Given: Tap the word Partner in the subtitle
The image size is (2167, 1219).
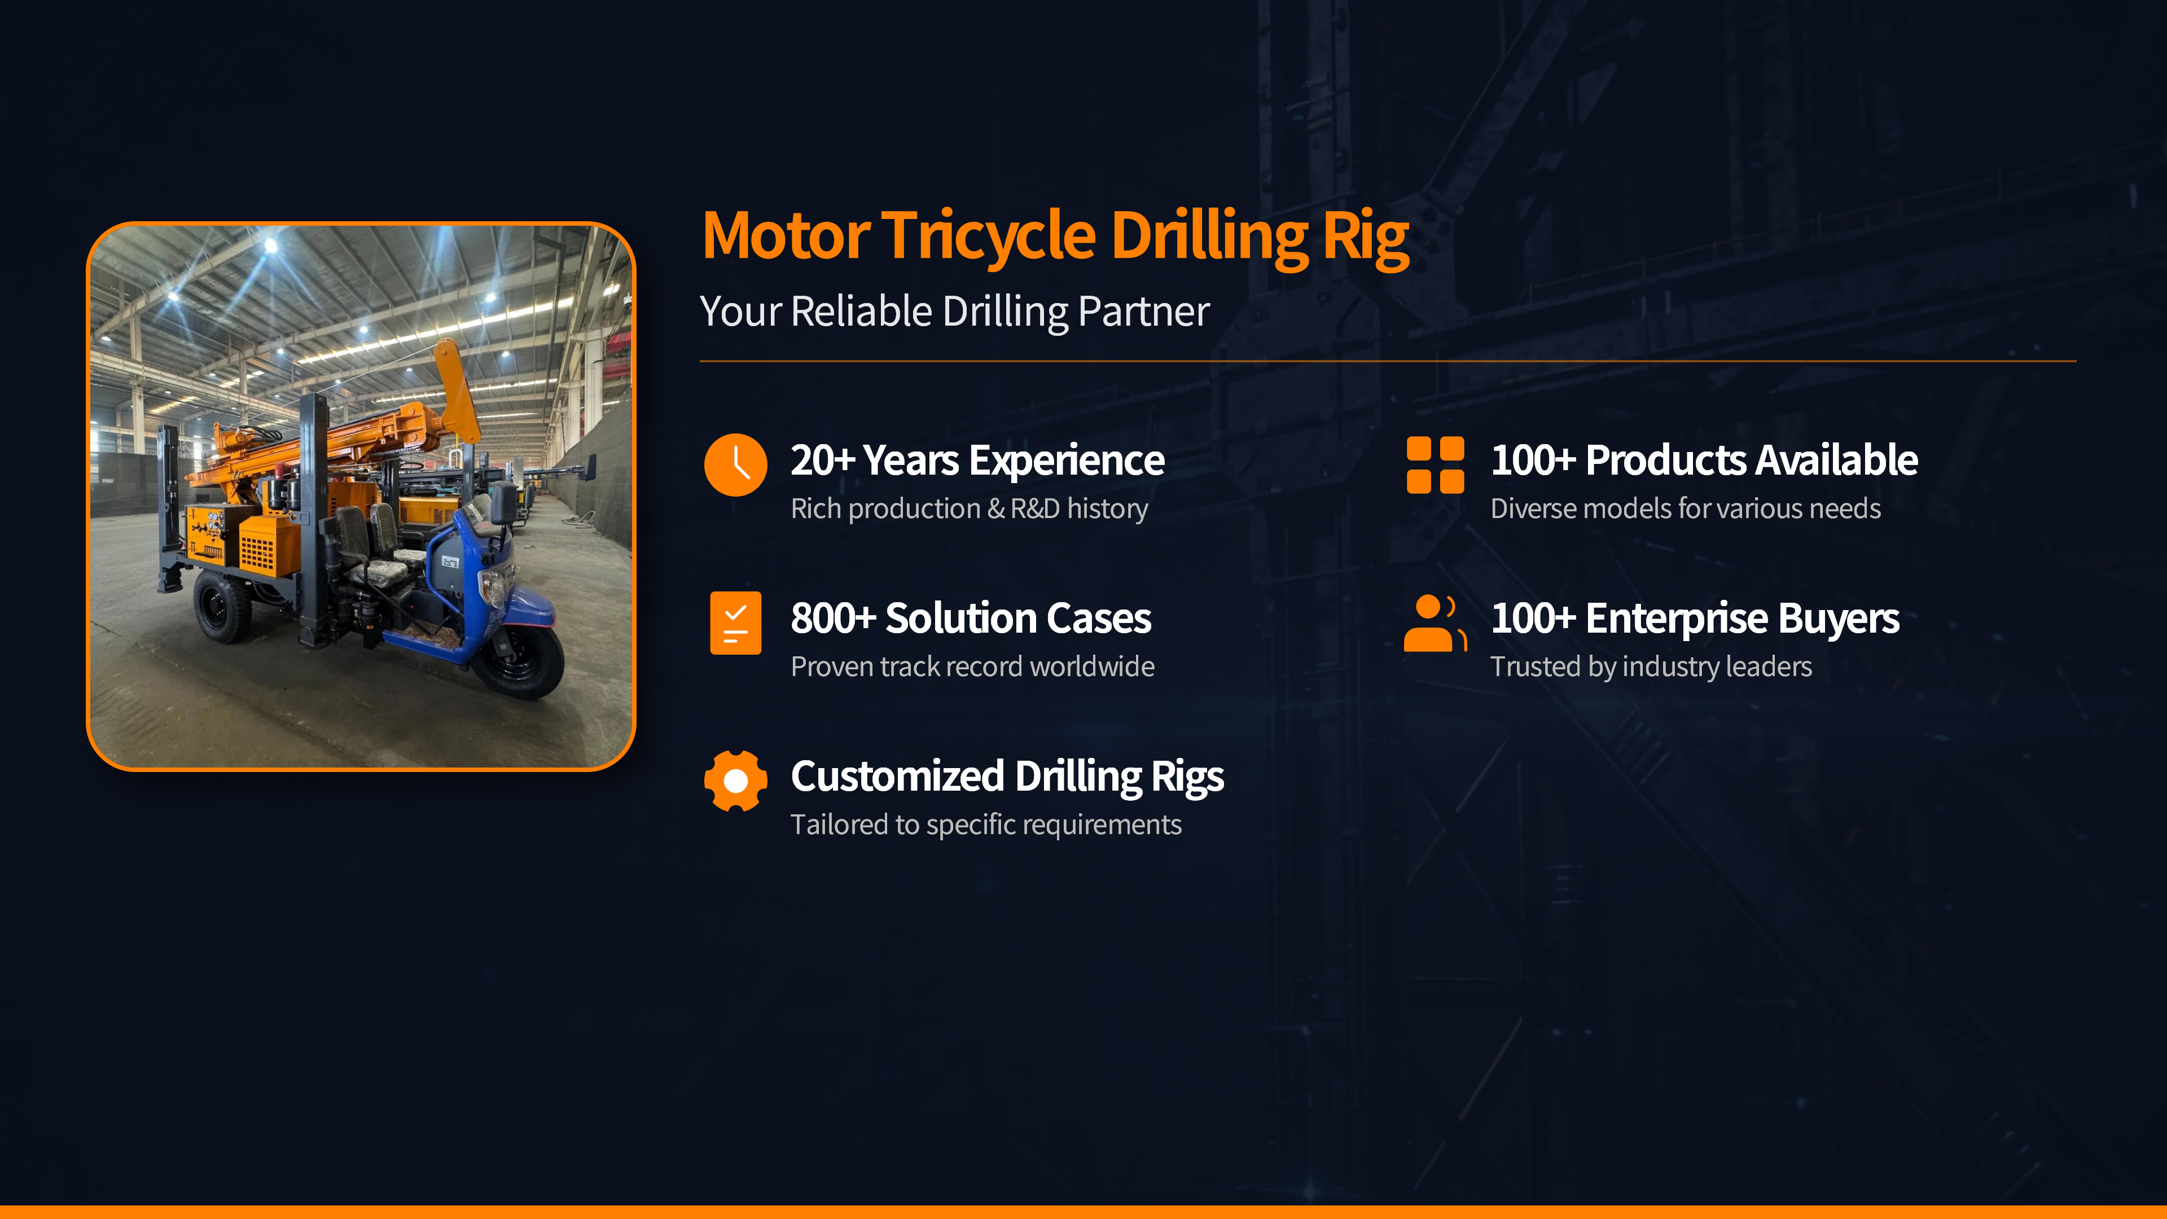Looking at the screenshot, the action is pyautogui.click(x=1143, y=312).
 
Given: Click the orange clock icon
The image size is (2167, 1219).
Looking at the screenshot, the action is pyautogui.click(x=735, y=465).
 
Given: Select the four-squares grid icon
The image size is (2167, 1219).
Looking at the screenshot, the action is pyautogui.click(x=1435, y=464).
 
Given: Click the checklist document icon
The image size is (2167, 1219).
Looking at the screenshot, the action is pyautogui.click(x=735, y=622).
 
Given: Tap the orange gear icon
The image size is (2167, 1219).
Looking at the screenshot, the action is pyautogui.click(x=735, y=780).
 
